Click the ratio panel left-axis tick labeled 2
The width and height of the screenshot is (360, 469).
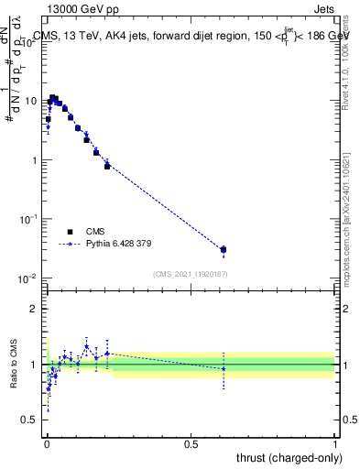[x=35, y=309]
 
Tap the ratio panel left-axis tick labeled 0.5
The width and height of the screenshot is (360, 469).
[x=30, y=420]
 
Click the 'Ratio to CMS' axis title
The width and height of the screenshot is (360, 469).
[x=14, y=365]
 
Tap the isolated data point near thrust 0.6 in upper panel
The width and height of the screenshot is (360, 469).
[x=224, y=249]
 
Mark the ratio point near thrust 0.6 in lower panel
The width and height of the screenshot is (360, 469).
[x=224, y=368]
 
